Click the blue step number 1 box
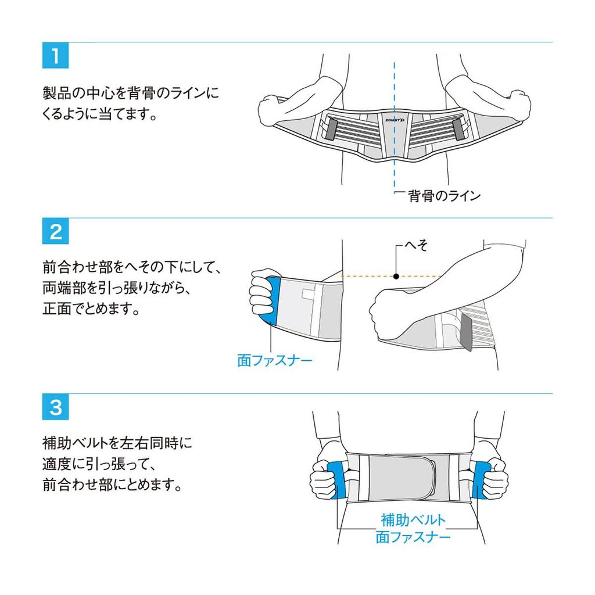tap(55, 55)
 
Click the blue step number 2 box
tap(55, 231)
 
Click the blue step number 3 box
tap(55, 407)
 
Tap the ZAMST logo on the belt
tap(395, 120)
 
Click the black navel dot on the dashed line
tap(396, 276)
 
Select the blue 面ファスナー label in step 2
tap(275, 360)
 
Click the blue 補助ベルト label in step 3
tap(413, 520)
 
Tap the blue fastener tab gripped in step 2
tap(273, 300)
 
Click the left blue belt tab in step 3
tap(337, 480)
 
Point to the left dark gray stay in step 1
tap(332, 128)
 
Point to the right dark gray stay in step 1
tap(459, 128)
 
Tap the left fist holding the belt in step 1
tap(271, 109)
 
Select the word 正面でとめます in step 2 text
tap(91, 309)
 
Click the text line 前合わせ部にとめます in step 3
tap(112, 485)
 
